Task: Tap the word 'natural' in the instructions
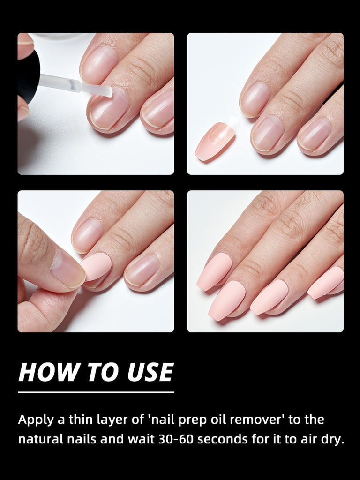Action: click(x=40, y=440)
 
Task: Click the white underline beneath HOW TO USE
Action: click(x=96, y=392)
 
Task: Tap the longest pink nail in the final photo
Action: click(x=227, y=300)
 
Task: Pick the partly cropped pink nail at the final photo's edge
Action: click(x=327, y=282)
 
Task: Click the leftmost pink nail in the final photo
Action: click(x=214, y=271)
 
